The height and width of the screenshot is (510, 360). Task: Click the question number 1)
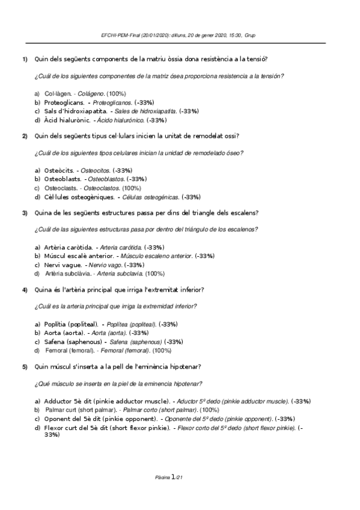(25, 59)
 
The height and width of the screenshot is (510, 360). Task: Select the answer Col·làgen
(58, 93)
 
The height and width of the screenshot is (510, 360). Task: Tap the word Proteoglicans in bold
(65, 102)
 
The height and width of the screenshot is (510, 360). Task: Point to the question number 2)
(25, 136)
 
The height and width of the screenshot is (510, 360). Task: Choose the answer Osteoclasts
(60, 188)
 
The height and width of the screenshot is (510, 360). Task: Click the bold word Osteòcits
(59, 170)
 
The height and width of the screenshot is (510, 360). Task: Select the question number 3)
(25, 213)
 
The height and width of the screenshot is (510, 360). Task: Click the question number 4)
(25, 290)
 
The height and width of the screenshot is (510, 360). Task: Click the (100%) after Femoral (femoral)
(162, 350)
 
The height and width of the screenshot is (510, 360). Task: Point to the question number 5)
(25, 366)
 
